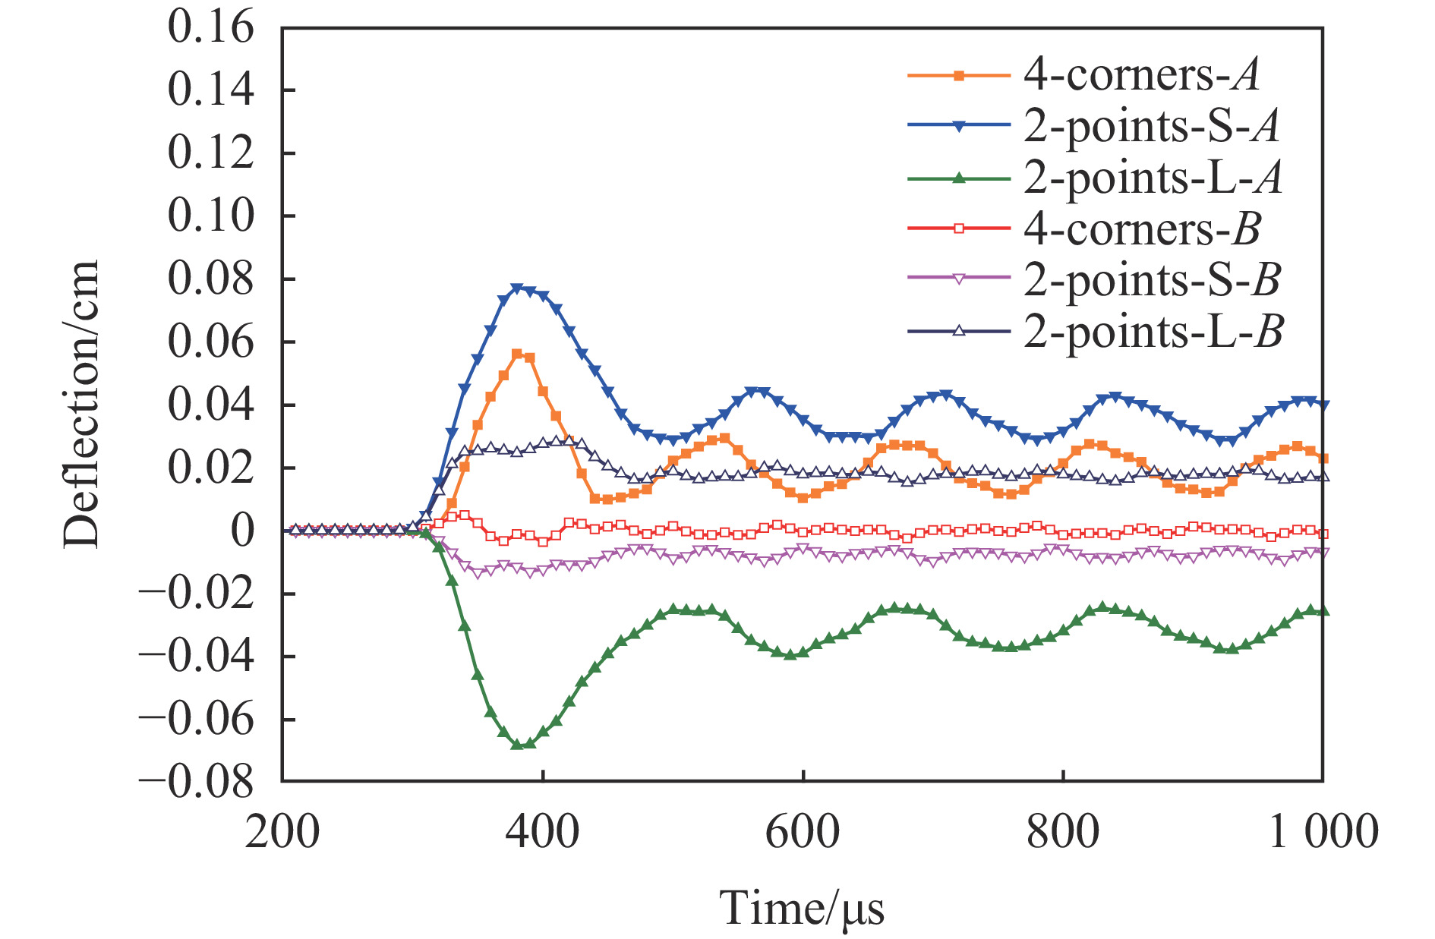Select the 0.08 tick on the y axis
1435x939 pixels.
[x=210, y=279]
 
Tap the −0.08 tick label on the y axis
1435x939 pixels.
[x=197, y=782]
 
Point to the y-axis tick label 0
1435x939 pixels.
[x=242, y=530]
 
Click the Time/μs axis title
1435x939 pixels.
[x=802, y=908]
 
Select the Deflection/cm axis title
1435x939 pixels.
[x=81, y=404]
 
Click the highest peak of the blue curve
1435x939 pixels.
[x=518, y=288]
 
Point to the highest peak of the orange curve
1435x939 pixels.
[x=517, y=354]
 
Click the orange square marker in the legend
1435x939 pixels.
[x=959, y=75]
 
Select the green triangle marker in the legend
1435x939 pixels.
[x=959, y=178]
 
